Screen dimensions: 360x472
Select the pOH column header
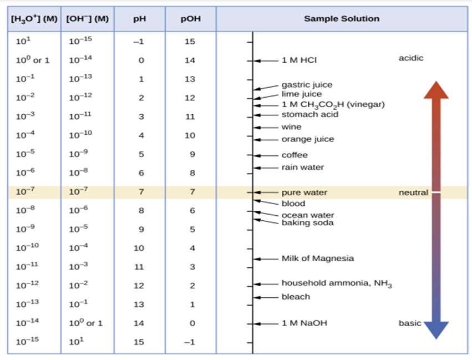[x=190, y=18]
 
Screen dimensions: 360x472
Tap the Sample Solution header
[x=342, y=18]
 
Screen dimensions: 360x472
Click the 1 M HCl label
[x=299, y=60]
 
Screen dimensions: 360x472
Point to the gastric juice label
[x=307, y=85]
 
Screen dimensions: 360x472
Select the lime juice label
[x=301, y=94]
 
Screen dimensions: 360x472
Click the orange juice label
[x=308, y=139]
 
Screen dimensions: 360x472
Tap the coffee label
[x=294, y=155]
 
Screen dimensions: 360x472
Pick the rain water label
[x=302, y=167]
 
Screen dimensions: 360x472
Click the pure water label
[x=304, y=193]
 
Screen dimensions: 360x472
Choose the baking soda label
[x=307, y=223]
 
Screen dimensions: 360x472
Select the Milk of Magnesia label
[x=317, y=258]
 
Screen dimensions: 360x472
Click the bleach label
[x=296, y=297]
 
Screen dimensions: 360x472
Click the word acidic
[x=410, y=58]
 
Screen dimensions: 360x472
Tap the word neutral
[x=413, y=193]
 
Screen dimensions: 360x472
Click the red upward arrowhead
[x=436, y=90]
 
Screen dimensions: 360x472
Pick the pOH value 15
[x=190, y=42]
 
